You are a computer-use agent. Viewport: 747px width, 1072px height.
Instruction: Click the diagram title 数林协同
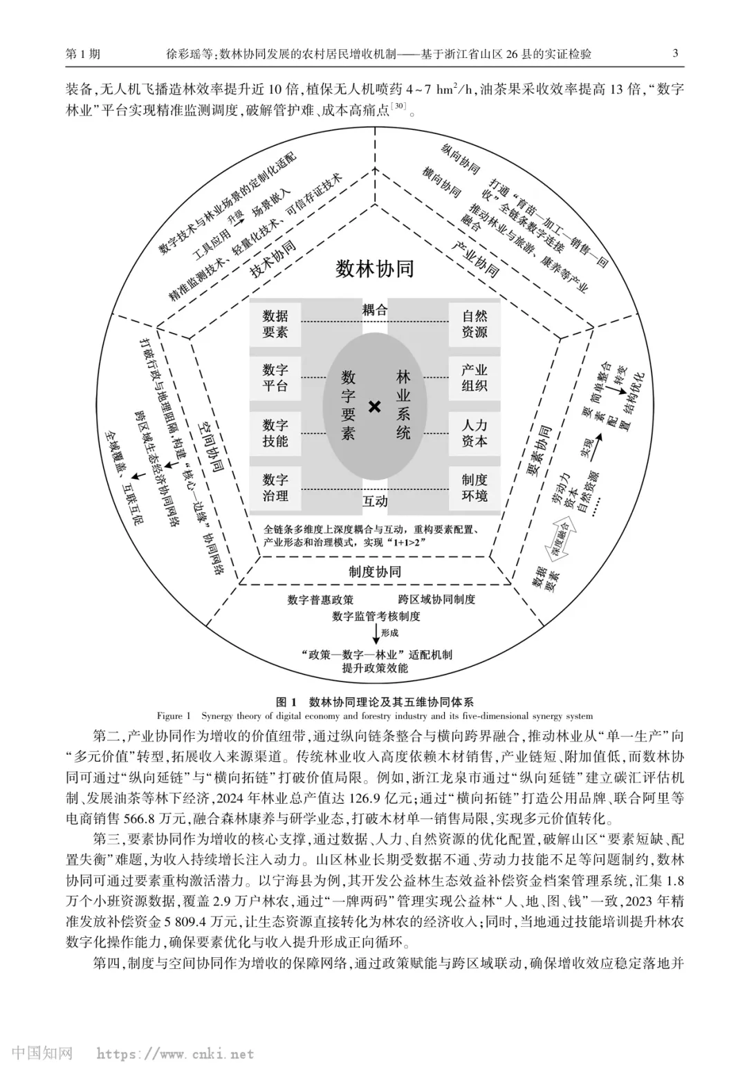374,269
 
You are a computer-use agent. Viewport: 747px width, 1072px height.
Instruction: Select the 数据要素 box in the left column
275,324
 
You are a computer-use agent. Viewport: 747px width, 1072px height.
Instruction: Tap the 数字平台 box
275,378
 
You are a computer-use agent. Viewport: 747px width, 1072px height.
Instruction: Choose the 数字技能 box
275,433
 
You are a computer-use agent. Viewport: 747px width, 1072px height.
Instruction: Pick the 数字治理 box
275,487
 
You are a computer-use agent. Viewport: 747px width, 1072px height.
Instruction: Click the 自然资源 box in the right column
474,324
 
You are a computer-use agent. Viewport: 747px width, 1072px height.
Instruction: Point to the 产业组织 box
474,378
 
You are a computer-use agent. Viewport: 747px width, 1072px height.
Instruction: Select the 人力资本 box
474,433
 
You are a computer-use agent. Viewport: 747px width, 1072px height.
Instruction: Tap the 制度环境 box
474,487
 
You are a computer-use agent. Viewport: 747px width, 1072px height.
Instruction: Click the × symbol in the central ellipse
375,406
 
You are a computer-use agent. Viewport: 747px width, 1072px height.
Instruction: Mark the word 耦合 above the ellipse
375,310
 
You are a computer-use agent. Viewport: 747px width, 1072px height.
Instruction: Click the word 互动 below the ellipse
375,500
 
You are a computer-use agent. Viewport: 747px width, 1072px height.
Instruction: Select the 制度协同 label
374,572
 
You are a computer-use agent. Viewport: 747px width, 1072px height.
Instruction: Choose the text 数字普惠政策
320,599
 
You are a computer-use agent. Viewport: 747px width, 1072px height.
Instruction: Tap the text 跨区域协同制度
436,599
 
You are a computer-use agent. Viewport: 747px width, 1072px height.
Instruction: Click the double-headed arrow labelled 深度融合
561,539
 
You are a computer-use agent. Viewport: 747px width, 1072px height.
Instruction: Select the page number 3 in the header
675,54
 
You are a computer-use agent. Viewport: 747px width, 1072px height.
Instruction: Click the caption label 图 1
286,702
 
